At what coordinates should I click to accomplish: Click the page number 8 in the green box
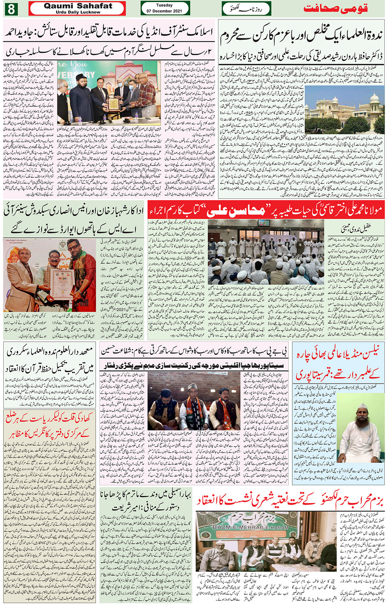coord(11,9)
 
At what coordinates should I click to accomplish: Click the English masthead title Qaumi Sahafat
coord(78,6)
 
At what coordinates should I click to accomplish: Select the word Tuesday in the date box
coord(164,5)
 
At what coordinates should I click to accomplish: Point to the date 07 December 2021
coord(164,11)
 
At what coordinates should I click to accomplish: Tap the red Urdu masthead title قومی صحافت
coord(335,9)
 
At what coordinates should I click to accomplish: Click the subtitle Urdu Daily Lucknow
coord(78,12)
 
